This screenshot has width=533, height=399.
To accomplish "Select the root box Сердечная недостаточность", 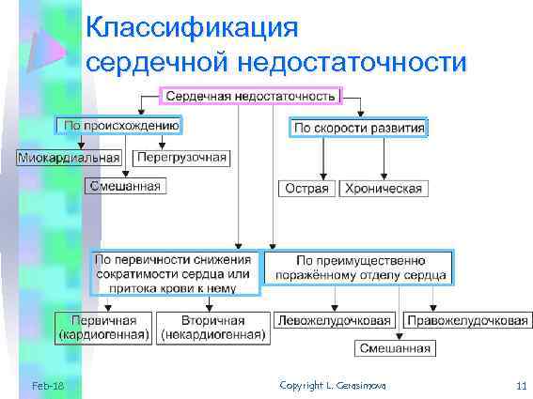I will (x=252, y=96).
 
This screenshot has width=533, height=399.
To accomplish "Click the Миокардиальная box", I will (x=70, y=157).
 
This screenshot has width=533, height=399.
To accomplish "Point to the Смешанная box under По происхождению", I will (x=124, y=186).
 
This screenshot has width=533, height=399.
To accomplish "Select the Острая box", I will (x=306, y=189).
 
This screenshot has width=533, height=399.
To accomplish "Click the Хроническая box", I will (x=384, y=189).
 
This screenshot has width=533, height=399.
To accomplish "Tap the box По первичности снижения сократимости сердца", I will (x=174, y=272).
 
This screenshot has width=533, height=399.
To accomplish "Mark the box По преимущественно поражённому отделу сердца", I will (x=360, y=268).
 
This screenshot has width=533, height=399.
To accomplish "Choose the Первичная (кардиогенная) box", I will (x=103, y=326).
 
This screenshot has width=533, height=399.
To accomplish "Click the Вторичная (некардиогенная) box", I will (x=213, y=326).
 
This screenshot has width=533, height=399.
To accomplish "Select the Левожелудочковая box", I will (x=333, y=320).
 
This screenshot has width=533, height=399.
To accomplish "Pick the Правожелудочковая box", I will (x=466, y=320).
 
